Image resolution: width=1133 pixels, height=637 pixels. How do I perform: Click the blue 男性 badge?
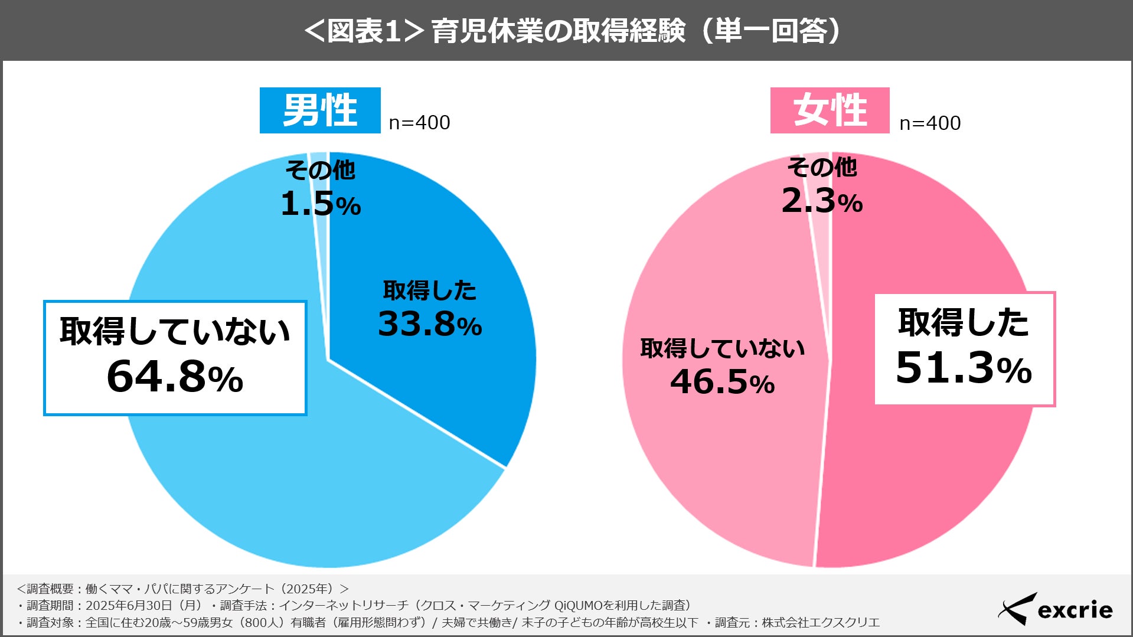pyautogui.click(x=320, y=110)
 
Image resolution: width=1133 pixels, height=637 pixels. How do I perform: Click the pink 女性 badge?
pyautogui.click(x=830, y=110)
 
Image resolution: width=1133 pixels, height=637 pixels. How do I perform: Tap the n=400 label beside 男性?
pyautogui.click(x=419, y=123)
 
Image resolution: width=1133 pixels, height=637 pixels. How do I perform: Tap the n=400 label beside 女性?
pyautogui.click(x=930, y=123)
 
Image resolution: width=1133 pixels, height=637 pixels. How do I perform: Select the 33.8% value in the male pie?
pyautogui.click(x=429, y=324)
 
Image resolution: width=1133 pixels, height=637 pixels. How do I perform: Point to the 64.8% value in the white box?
pyautogui.click(x=175, y=377)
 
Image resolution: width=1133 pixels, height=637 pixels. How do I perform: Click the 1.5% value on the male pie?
pyautogui.click(x=320, y=204)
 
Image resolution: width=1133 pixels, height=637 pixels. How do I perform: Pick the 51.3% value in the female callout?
pyautogui.click(x=964, y=368)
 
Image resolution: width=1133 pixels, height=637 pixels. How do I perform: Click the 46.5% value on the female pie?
pyautogui.click(x=722, y=382)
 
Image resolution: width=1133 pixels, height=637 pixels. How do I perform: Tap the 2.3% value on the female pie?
pyautogui.click(x=821, y=201)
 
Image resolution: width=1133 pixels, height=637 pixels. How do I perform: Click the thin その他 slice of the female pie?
pyautogui.click(x=821, y=248)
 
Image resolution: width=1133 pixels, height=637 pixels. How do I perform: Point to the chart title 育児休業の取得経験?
pyautogui.click(x=558, y=31)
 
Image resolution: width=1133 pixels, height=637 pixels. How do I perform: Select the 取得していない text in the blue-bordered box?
pyautogui.click(x=175, y=331)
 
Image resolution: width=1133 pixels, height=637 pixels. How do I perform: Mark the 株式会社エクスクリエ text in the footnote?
pyautogui.click(x=821, y=622)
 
